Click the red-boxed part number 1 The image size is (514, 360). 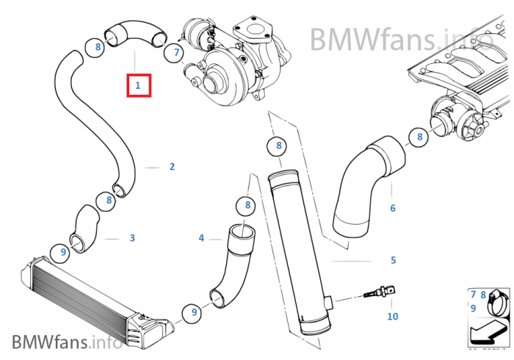pos(137,85)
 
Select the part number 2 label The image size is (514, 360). pos(172,167)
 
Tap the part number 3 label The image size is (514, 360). pos(132,238)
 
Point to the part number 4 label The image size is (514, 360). pos(201,238)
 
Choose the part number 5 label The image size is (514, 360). pos(393,260)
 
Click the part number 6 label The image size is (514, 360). pos(393,209)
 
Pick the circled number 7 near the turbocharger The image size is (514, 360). pos(174,52)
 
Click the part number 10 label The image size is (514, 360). pos(393,317)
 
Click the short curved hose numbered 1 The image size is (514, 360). pos(133,33)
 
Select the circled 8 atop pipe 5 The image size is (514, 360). pos(279,145)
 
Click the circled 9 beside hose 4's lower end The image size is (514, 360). pos(195,312)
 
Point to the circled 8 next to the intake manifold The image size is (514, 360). pos(420,136)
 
